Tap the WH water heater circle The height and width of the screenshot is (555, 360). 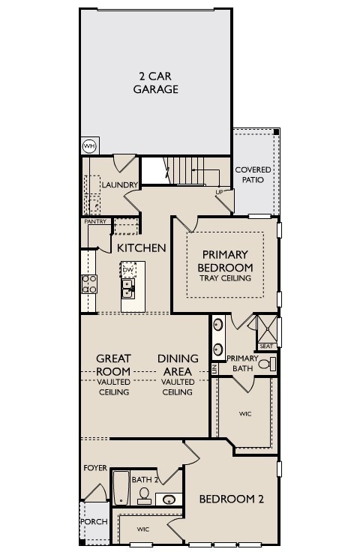[89, 145]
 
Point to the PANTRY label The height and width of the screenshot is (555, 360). [94, 221]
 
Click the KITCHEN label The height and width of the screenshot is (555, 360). [141, 247]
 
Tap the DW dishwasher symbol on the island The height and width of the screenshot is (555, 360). [128, 269]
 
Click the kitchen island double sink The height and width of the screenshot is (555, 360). [128, 288]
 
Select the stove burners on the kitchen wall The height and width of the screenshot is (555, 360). [88, 284]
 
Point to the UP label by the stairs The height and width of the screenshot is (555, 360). [219, 191]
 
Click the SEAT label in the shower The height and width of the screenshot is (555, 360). [265, 346]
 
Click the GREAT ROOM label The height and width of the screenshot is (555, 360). [114, 364]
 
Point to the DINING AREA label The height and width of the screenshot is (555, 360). [178, 364]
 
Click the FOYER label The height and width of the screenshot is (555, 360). [94, 467]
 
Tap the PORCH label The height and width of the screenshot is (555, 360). [94, 521]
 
